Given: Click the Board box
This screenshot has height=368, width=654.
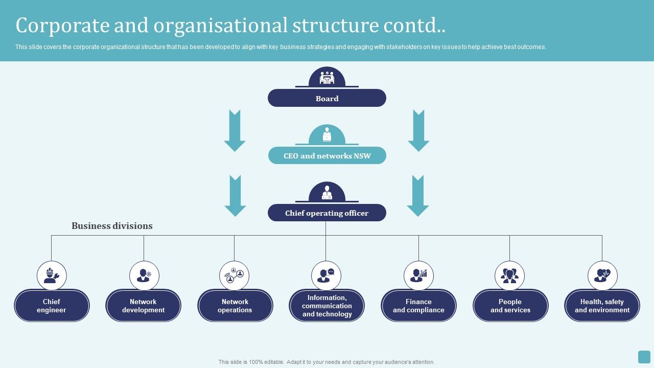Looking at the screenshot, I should [327, 98].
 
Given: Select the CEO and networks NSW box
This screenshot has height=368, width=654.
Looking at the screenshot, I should [327, 155].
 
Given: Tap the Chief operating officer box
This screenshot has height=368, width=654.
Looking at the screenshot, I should [327, 213].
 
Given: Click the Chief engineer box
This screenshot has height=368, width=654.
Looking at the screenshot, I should [52, 306].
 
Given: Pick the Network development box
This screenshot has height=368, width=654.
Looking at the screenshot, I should [143, 306].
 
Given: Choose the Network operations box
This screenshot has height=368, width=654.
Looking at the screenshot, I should [235, 306].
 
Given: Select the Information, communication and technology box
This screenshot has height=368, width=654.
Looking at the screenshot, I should [327, 306].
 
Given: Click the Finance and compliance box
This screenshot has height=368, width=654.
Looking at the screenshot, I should [418, 306].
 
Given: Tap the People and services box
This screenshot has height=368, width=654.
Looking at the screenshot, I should [510, 306].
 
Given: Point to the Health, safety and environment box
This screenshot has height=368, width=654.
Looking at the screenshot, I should [602, 306].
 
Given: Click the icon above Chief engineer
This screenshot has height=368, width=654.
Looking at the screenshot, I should [52, 275].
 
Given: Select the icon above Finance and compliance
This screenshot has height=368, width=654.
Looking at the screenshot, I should [418, 275].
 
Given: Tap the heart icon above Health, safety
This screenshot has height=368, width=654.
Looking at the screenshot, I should [602, 275].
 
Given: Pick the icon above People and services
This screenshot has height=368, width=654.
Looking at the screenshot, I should [509, 275].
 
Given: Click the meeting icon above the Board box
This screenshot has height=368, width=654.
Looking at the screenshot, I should [327, 78].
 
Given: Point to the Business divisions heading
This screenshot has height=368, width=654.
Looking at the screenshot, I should [112, 226].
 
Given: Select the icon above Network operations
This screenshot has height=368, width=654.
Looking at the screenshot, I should [235, 275].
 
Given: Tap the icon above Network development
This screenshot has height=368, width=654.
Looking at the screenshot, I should [144, 275].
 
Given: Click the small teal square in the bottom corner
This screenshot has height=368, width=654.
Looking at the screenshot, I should [644, 357].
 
